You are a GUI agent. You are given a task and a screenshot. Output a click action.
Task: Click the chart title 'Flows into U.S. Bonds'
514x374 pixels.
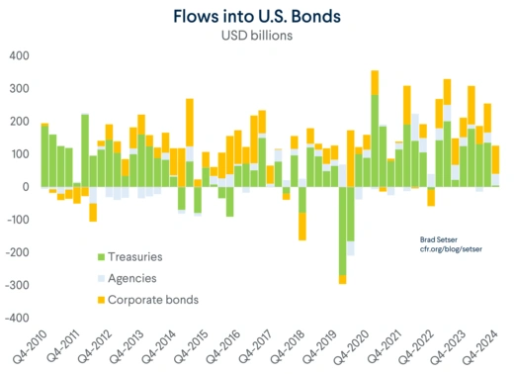pos(257,17)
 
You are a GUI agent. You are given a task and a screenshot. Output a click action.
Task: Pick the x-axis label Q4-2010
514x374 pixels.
pos(31,347)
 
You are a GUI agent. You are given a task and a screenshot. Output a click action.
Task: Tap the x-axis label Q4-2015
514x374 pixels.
pos(194,347)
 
